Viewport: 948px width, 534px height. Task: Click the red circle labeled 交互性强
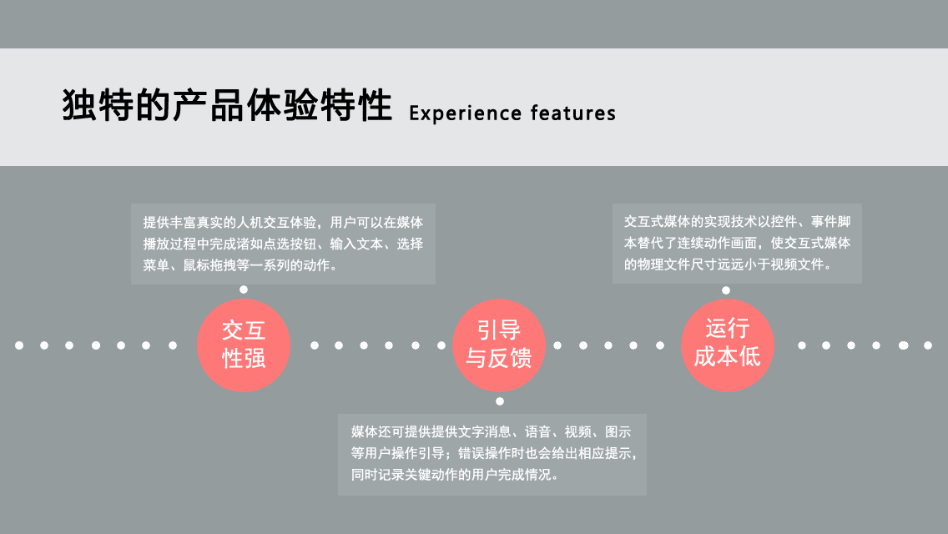pyautogui.click(x=244, y=345)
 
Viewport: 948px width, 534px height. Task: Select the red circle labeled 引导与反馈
pyautogui.click(x=499, y=345)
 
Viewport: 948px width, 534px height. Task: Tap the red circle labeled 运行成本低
pyautogui.click(x=728, y=345)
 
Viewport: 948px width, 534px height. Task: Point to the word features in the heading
pyautogui.click(x=573, y=113)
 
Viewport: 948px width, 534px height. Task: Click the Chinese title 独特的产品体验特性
pyautogui.click(x=227, y=106)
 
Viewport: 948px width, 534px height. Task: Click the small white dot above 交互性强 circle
pyautogui.click(x=244, y=290)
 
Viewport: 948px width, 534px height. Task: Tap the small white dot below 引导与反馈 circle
pyautogui.click(x=499, y=401)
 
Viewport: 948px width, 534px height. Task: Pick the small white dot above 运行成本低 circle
pyautogui.click(x=726, y=290)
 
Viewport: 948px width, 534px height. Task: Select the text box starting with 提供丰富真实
pyautogui.click(x=283, y=244)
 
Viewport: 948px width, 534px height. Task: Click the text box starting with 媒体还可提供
pyautogui.click(x=492, y=454)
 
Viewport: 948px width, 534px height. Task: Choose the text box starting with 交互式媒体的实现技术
pyautogui.click(x=737, y=243)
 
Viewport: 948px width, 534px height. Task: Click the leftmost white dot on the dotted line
pyautogui.click(x=19, y=345)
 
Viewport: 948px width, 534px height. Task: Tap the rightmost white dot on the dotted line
pyautogui.click(x=928, y=345)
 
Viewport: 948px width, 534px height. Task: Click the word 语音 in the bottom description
pyautogui.click(x=537, y=432)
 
